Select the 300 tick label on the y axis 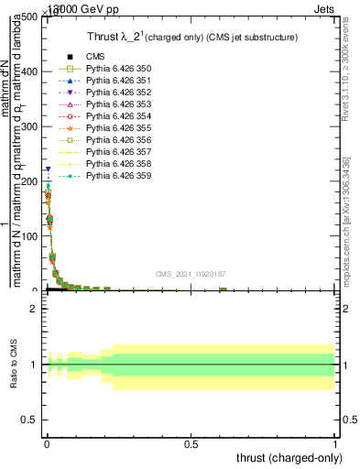point(27,126)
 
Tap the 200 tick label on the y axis point(27,181)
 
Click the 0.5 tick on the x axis point(191,444)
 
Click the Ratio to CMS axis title point(14,365)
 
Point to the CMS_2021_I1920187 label point(191,273)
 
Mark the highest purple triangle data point point(47,169)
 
